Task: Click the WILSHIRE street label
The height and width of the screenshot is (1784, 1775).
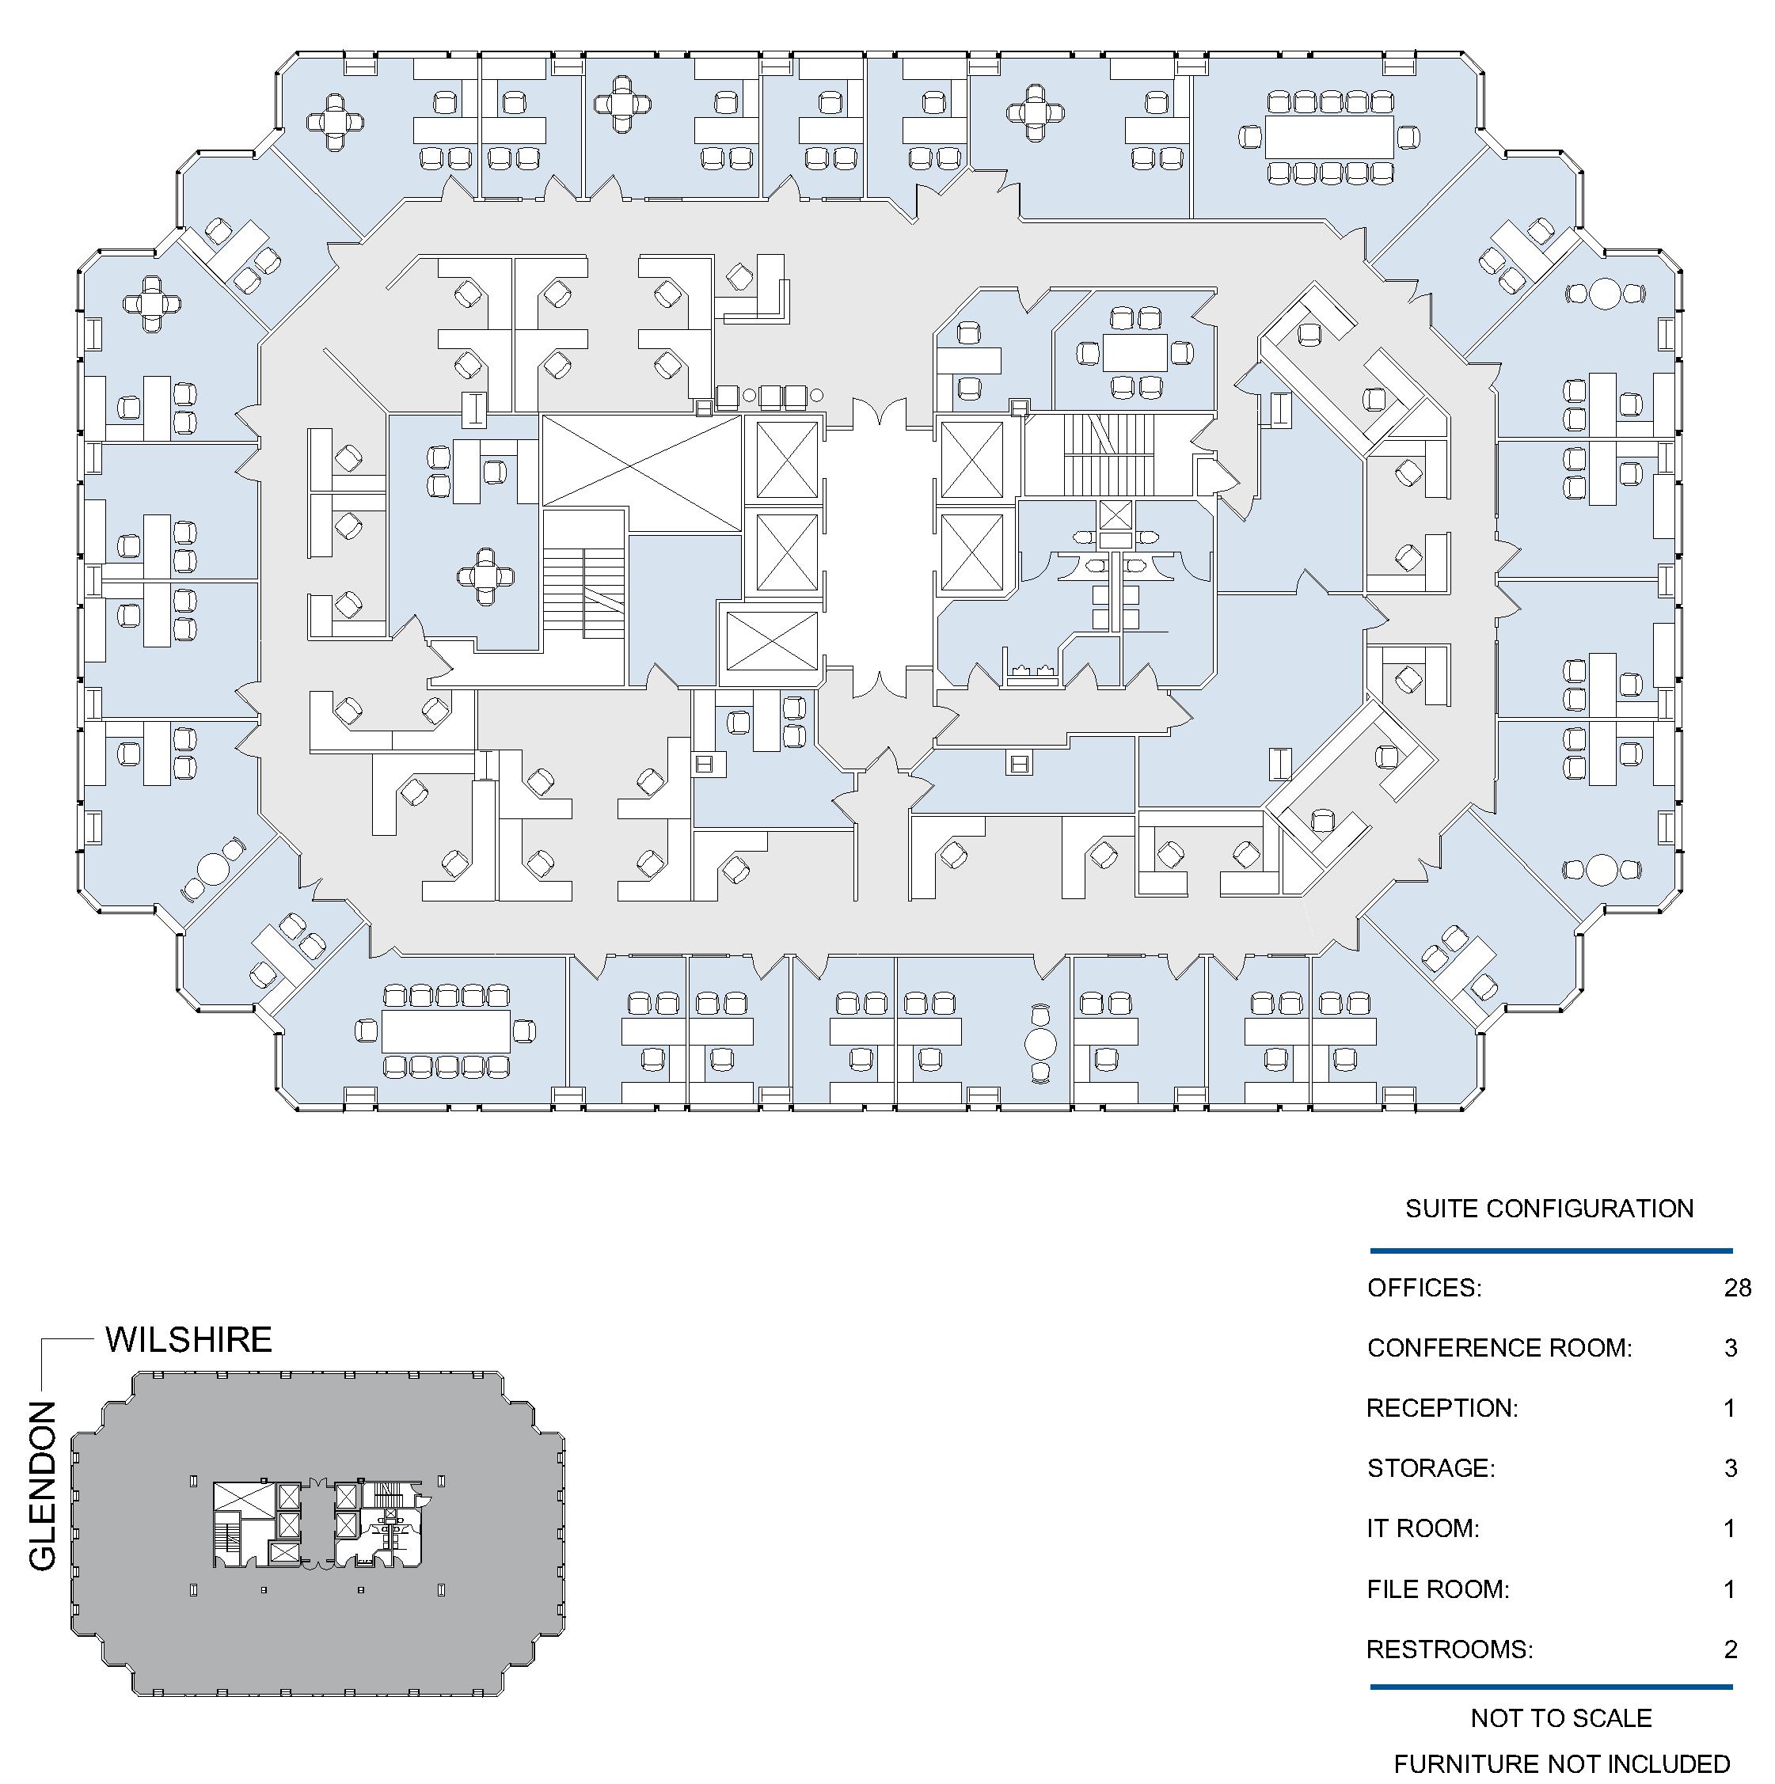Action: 188,1340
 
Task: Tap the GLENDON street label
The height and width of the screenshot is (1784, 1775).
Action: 43,1486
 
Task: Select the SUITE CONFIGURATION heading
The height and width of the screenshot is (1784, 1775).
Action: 1549,1209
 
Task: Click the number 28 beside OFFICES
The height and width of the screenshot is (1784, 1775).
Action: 1736,1289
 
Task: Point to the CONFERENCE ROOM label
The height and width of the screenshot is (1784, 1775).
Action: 1499,1348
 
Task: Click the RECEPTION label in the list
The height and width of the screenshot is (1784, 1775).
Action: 1442,1408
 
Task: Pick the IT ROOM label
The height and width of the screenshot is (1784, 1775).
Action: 1422,1528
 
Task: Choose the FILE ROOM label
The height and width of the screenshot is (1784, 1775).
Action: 1437,1589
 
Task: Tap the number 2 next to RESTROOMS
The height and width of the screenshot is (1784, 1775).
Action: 1731,1649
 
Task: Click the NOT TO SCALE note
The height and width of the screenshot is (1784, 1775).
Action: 1560,1718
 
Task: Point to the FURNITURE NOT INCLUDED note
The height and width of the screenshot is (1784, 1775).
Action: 1560,1765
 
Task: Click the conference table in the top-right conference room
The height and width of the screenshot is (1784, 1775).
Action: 1329,137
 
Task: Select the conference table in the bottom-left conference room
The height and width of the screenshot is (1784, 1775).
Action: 446,1031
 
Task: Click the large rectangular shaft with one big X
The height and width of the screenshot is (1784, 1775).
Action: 641,460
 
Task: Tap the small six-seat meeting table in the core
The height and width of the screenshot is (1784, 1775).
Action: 1135,351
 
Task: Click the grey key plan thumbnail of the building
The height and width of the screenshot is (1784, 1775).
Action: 318,1533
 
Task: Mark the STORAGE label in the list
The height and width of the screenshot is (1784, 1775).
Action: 1431,1468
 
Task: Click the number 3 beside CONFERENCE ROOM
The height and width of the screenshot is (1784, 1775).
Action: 1731,1348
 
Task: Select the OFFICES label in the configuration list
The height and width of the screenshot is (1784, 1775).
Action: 1424,1289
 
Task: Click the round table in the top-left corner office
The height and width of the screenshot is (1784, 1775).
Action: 335,121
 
